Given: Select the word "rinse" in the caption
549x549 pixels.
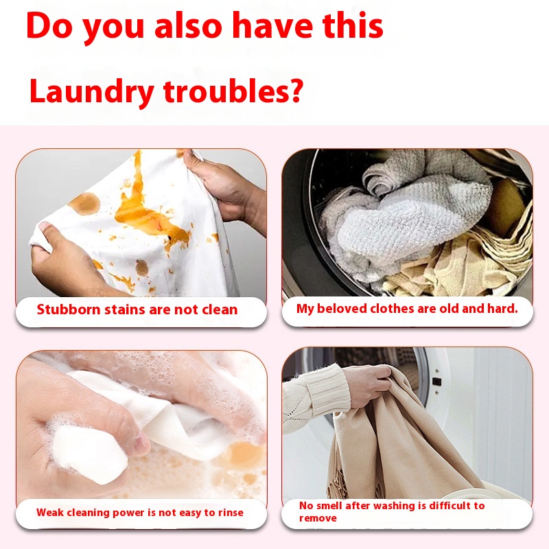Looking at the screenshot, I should [229, 512].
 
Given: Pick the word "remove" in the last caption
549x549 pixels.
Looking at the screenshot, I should [318, 518].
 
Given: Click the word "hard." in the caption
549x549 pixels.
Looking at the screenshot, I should [502, 309].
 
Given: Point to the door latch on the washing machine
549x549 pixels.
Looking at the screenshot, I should [436, 382].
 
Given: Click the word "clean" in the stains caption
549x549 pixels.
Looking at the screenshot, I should [219, 309].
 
